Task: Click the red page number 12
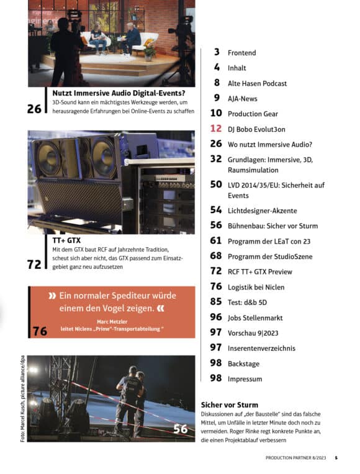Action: coord(216,129)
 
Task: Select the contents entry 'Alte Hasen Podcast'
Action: coord(258,83)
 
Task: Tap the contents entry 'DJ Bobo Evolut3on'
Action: coord(256,129)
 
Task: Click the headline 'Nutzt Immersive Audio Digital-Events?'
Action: coord(119,93)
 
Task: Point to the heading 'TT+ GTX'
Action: coord(66,240)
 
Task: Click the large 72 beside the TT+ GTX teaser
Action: coord(34,265)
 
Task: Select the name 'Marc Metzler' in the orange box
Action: coord(112,322)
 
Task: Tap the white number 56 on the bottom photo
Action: coord(180,429)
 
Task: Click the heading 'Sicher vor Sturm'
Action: coord(230,405)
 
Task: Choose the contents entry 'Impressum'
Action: coord(245,379)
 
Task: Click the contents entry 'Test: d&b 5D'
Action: coord(248,303)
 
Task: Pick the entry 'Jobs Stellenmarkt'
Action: coord(255,317)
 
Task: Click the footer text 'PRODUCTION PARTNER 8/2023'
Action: coord(295,458)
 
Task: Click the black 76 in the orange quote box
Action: coord(40,331)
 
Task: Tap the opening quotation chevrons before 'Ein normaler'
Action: coord(52,296)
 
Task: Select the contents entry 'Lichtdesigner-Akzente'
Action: coord(262,211)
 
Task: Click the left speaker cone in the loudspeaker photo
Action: coord(48,158)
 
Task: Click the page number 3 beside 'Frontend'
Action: coord(217,52)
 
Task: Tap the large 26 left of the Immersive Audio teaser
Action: coord(34,109)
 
